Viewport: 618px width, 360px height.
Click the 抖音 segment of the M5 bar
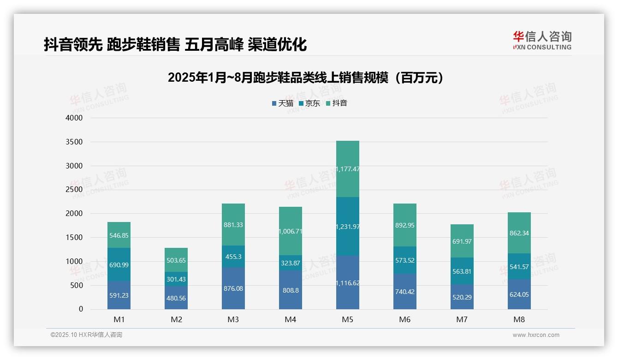point(348,169)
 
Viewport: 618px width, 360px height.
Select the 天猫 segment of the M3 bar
point(233,288)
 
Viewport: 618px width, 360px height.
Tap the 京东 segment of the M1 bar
point(119,264)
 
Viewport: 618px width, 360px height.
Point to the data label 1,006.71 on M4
point(291,231)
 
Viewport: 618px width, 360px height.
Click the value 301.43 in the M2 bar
point(176,279)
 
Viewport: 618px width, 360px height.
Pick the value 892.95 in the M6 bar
point(405,225)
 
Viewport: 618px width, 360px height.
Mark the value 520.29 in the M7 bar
point(462,297)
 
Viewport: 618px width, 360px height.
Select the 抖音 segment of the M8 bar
point(519,233)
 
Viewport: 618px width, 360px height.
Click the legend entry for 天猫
point(283,103)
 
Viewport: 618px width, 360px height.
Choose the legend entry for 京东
point(309,103)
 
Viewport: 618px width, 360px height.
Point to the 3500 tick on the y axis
point(75,142)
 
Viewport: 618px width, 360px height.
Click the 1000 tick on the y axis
point(75,261)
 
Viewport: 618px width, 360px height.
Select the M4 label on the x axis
point(291,319)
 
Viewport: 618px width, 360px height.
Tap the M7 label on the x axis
point(462,319)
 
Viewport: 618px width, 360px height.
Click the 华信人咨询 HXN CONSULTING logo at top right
point(542,41)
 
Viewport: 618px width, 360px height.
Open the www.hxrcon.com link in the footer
point(536,335)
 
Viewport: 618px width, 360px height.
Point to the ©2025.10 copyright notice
point(86,335)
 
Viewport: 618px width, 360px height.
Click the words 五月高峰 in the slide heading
point(214,45)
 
